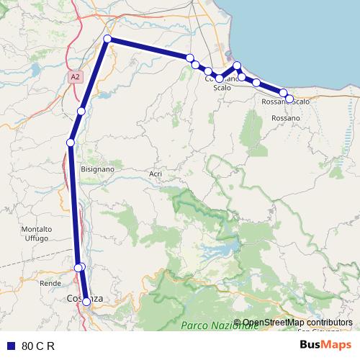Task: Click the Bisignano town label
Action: (98, 169)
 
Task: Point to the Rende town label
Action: (50, 284)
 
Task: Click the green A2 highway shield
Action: (76, 75)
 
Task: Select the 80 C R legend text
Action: (38, 346)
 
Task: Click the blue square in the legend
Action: (11, 346)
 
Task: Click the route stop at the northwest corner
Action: (107, 39)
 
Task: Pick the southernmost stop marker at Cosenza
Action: (86, 302)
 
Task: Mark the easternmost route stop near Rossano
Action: (289, 99)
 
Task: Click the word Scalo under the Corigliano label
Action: (222, 87)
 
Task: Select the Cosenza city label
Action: (84, 297)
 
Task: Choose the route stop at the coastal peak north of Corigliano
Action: (237, 66)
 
